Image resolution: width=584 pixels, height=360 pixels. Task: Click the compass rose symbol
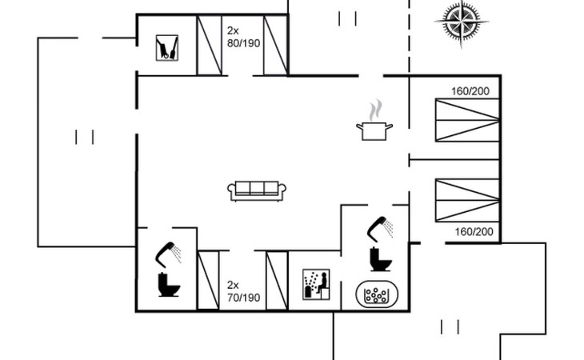(461, 22)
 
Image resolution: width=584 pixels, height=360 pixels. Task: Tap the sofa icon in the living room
(257, 191)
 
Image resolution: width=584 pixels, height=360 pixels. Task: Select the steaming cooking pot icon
(374, 120)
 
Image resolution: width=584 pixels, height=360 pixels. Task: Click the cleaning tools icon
(167, 48)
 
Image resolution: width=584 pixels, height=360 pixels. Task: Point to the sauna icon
(316, 285)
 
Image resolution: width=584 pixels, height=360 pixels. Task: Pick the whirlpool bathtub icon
(377, 294)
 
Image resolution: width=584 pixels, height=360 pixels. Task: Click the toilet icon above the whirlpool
(381, 259)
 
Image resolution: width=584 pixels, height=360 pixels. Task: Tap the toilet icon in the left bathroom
(169, 285)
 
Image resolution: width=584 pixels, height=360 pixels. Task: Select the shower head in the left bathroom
(168, 254)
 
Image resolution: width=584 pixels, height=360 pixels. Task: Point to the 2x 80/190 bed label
(243, 37)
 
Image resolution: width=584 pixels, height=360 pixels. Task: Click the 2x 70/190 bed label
(243, 291)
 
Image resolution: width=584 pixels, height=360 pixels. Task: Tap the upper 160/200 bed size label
(470, 91)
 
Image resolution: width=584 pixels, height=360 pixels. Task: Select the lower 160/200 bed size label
(474, 231)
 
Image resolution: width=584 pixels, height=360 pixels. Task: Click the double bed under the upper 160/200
(467, 120)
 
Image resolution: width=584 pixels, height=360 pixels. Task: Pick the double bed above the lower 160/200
(467, 200)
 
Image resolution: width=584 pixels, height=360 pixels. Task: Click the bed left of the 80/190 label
(209, 46)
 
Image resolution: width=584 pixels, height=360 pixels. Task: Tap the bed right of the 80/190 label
(276, 46)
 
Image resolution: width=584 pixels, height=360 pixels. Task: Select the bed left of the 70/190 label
(208, 280)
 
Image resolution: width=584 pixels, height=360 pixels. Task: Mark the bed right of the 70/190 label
(277, 280)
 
